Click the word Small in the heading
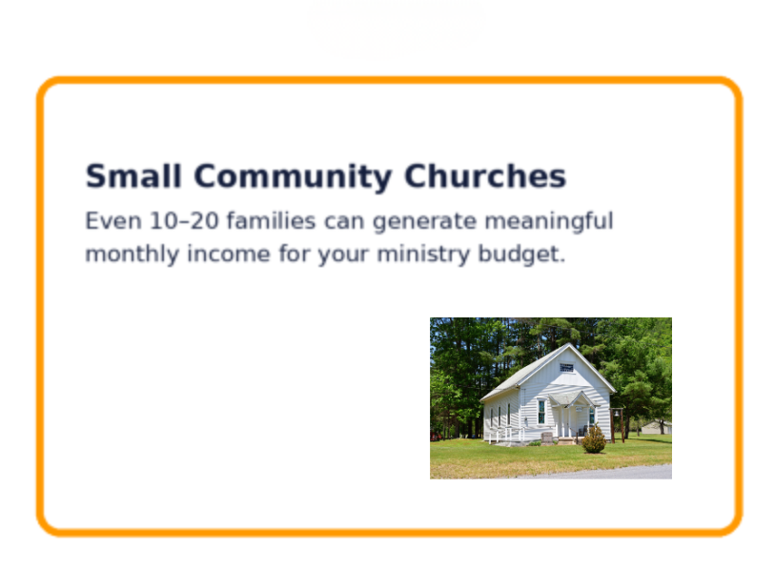coord(133,176)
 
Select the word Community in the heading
coord(293,177)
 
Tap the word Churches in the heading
coord(485,176)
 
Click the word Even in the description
coord(113,220)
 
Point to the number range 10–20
coord(184,220)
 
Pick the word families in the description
coord(271,220)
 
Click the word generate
coord(424,222)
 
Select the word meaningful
coord(549,221)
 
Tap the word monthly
coord(132,255)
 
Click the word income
coord(229,255)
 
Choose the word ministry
coord(423,255)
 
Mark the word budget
coord(520,255)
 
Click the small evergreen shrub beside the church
coord(594,439)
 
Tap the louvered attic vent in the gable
coord(566,367)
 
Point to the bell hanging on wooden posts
coord(617,414)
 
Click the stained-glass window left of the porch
coord(541,413)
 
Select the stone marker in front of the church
coord(547,438)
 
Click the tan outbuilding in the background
coord(657,427)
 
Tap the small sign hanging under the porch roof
coord(579,409)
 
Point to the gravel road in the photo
coord(593,473)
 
